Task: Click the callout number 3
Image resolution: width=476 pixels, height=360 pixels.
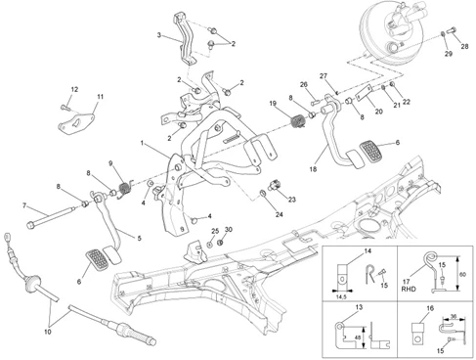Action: tap(159, 35)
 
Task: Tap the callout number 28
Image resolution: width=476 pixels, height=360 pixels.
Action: tap(464, 46)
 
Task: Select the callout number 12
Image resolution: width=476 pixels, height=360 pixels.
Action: tap(74, 89)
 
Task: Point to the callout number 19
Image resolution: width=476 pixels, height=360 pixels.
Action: tap(273, 104)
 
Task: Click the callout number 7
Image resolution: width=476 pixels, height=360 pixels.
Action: tap(24, 205)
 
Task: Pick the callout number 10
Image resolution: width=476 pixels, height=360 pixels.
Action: tap(48, 332)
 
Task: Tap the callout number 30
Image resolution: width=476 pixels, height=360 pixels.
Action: tap(229, 230)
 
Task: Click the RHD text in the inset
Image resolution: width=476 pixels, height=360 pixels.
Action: tap(409, 289)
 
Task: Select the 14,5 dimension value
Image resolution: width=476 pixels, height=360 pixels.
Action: tap(341, 297)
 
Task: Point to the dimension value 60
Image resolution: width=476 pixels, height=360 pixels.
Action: tap(462, 275)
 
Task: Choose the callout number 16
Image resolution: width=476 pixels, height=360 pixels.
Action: tap(430, 308)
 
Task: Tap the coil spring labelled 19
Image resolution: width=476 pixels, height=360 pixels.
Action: tap(298, 122)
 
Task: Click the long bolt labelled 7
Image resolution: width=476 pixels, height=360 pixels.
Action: tap(50, 217)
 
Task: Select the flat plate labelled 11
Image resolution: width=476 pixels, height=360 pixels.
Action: tap(76, 123)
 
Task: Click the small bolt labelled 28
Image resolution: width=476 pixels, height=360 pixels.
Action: tap(453, 30)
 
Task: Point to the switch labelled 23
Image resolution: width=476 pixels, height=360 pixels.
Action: tap(275, 185)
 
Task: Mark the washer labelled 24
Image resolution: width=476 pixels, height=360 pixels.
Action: tap(263, 194)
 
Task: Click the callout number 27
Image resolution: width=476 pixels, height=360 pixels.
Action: tap(324, 76)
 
